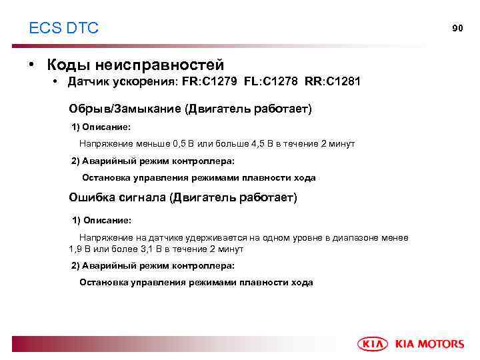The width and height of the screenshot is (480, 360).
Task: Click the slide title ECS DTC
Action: (x=64, y=28)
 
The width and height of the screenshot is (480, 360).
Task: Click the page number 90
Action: (x=457, y=28)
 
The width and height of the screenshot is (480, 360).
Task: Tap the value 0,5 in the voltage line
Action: (x=181, y=143)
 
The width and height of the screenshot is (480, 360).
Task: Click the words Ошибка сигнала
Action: (x=117, y=197)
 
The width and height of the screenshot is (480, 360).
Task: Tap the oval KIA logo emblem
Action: (x=375, y=344)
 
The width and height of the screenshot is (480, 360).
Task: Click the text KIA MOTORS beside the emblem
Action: (x=429, y=344)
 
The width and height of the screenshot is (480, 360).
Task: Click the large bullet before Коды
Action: (x=32, y=65)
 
